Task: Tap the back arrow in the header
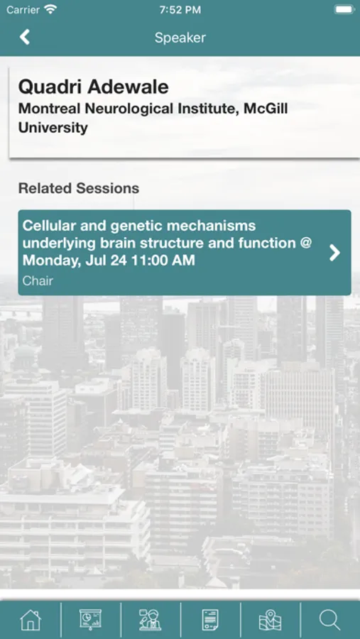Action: [25, 37]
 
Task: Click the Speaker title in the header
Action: [180, 38]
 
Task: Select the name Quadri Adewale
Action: [94, 87]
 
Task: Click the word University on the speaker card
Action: [53, 128]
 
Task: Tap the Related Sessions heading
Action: [79, 188]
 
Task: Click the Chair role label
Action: [38, 280]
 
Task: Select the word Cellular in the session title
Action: [48, 225]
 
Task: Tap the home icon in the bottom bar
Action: [31, 621]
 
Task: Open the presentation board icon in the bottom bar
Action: [90, 620]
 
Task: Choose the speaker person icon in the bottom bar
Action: [150, 620]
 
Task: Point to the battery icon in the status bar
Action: [344, 10]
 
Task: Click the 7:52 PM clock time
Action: [180, 10]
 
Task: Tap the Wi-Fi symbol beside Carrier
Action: [50, 10]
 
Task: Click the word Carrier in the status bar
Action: [23, 10]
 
